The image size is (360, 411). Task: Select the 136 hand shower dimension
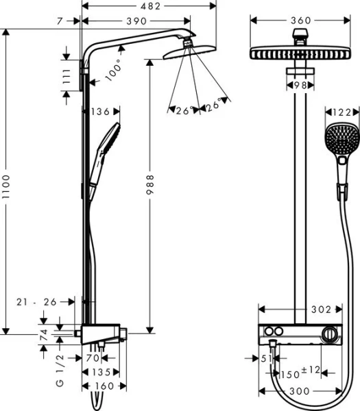pyautogui.click(x=101, y=111)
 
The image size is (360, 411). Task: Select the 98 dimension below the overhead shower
pyautogui.click(x=299, y=85)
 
